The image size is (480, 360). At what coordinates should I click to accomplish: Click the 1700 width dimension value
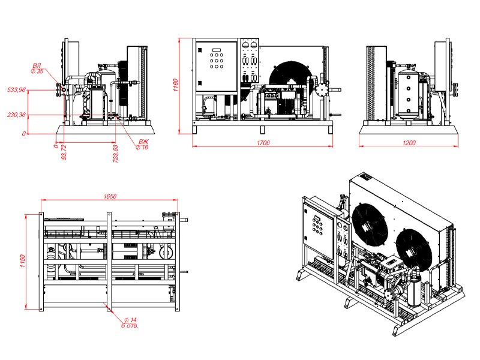[x=263, y=143]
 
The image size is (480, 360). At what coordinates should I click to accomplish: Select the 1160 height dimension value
[x=175, y=85]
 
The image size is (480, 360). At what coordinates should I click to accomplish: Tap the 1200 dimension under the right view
[x=409, y=143]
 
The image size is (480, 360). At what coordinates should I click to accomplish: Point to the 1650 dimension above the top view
[x=110, y=196]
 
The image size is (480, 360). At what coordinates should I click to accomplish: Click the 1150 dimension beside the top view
[x=22, y=261]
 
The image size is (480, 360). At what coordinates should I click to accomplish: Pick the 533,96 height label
[x=17, y=89]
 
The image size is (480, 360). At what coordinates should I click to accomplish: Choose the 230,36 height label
[x=17, y=115]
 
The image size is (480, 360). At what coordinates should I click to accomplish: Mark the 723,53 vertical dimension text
[x=116, y=154]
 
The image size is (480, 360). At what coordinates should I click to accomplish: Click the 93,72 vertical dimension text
[x=64, y=152]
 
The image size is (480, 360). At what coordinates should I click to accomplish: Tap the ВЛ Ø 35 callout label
[x=37, y=68]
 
